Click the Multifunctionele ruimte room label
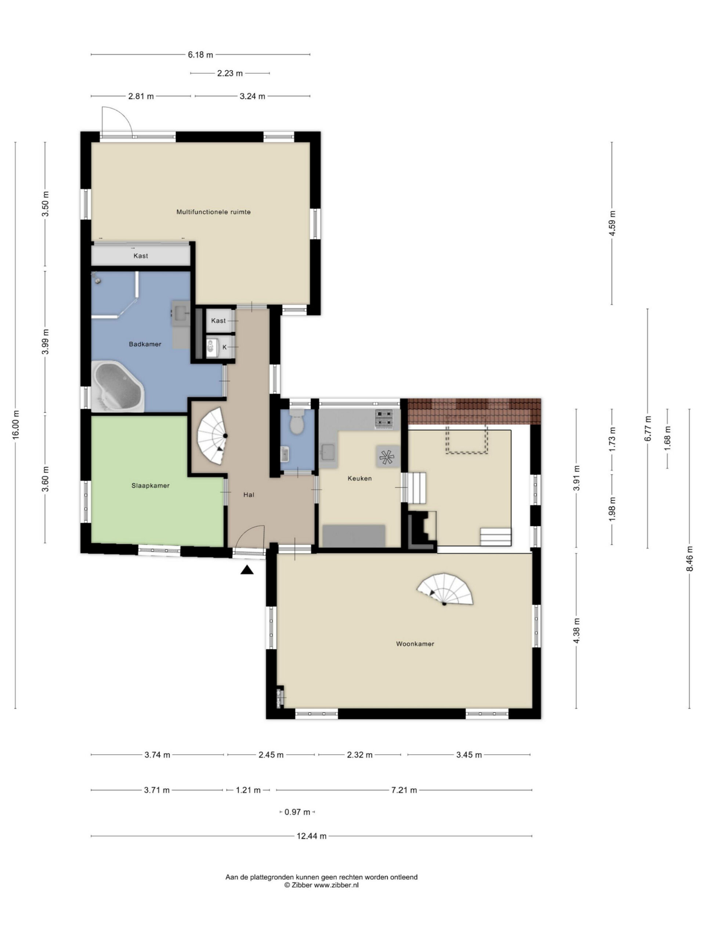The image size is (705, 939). (213, 212)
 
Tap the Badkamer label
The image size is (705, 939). (145, 344)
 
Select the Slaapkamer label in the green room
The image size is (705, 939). (151, 486)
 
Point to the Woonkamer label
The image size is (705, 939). (415, 644)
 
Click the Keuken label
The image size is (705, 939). (359, 478)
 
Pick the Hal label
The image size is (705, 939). (249, 494)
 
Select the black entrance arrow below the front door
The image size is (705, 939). (247, 570)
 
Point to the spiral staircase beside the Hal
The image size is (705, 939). (213, 436)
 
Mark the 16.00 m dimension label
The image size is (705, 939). (16, 424)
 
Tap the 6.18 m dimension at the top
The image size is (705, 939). (200, 55)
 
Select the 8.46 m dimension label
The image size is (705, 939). (689, 559)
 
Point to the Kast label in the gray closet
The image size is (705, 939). (141, 256)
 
